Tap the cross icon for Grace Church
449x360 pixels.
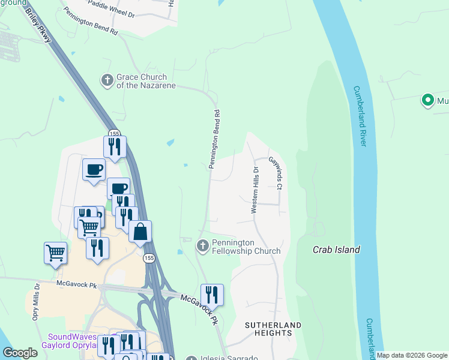click(x=107, y=80)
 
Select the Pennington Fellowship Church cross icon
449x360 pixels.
click(x=203, y=246)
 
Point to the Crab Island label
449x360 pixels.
click(x=336, y=250)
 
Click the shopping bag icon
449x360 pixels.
click(x=140, y=231)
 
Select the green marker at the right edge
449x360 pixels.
click(x=428, y=100)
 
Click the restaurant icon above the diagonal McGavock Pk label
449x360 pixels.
click(x=212, y=294)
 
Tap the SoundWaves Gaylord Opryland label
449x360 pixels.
click(x=69, y=341)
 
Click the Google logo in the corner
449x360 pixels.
click(x=20, y=353)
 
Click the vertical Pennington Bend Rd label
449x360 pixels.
click(x=215, y=139)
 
